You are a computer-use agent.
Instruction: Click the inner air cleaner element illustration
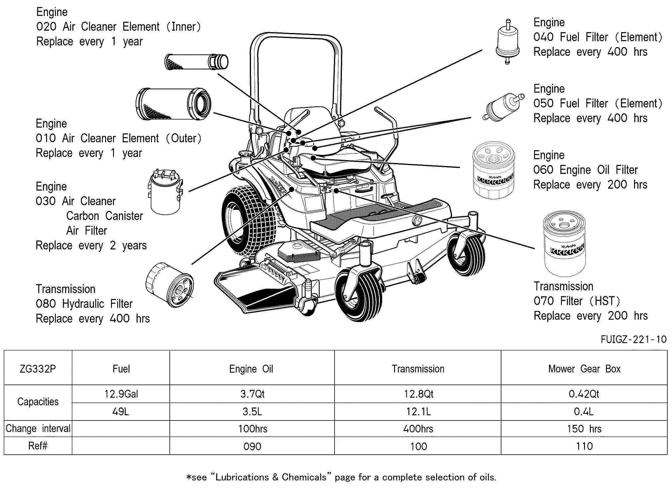(x=196, y=62)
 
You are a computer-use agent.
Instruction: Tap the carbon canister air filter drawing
(x=166, y=192)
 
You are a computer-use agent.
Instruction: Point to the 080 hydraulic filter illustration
(x=170, y=284)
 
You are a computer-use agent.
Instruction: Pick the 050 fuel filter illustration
(x=503, y=107)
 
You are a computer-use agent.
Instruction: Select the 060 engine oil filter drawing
(x=494, y=170)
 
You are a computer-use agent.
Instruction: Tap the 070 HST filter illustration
(x=564, y=243)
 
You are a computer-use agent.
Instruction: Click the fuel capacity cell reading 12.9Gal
(x=121, y=394)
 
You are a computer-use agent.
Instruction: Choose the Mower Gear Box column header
(x=584, y=368)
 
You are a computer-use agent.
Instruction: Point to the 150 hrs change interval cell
(x=584, y=429)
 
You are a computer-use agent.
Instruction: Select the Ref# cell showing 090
(x=252, y=446)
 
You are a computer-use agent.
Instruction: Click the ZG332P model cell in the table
(x=38, y=368)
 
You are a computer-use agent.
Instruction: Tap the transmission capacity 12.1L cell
(x=418, y=411)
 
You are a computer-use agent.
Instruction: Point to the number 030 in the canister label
(x=46, y=201)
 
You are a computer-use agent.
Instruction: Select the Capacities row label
(x=38, y=402)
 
